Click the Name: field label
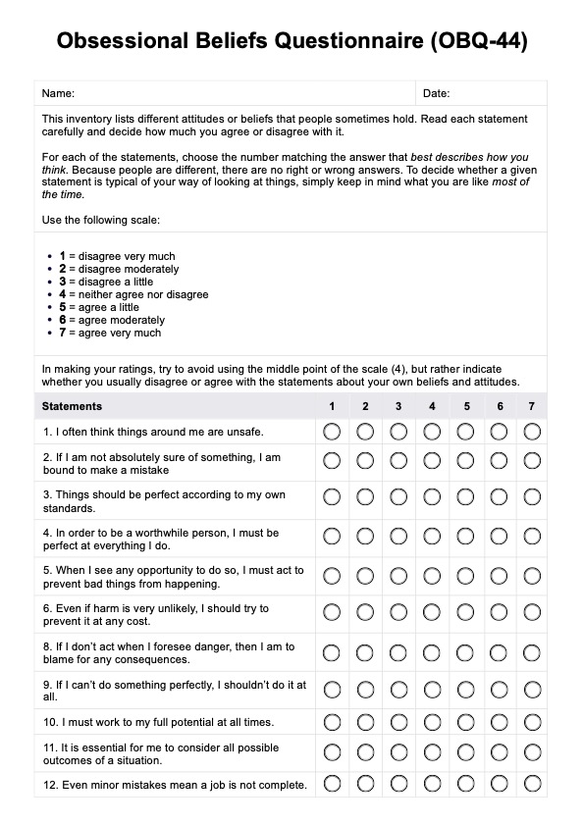coord(58,94)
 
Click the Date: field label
coord(436,94)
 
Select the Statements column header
coord(72,406)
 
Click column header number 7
coord(531,406)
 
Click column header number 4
coord(432,406)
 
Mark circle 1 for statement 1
coord(332,431)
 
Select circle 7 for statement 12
coord(532,784)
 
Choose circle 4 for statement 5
coord(432,576)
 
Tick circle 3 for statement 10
coord(398,722)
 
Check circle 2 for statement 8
coord(365,652)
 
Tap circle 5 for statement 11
coord(465,753)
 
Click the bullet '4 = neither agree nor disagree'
coord(133,294)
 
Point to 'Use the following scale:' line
coord(100,219)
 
